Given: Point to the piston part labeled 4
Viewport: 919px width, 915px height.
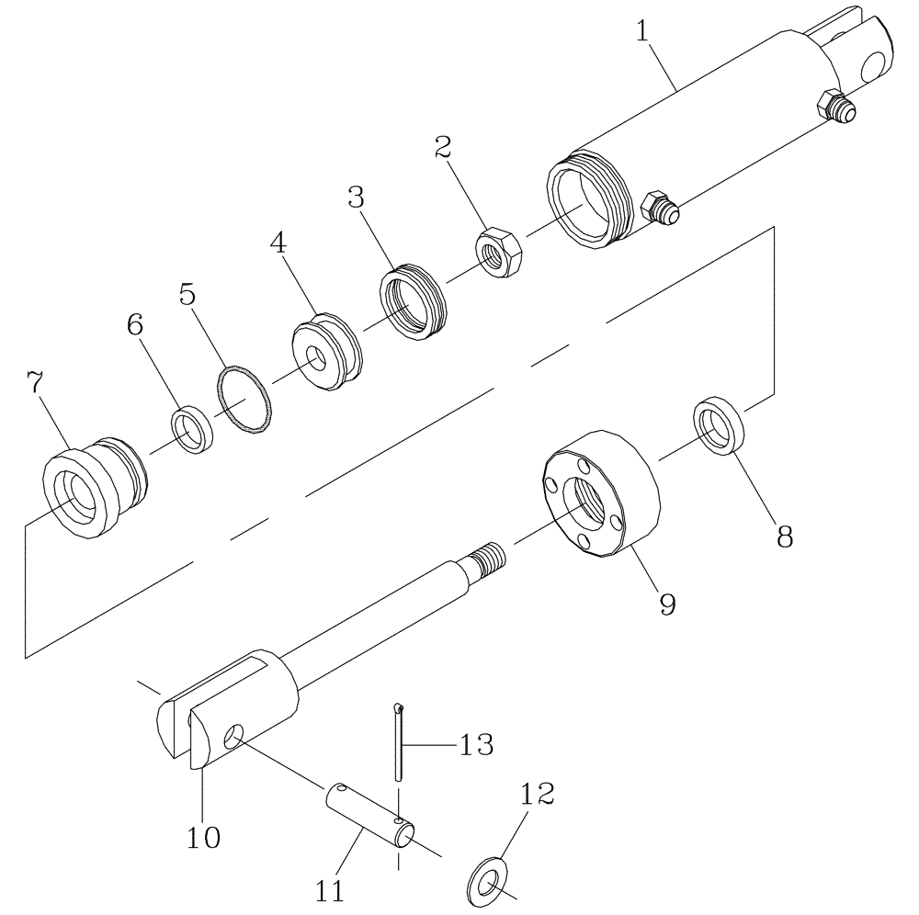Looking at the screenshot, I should [326, 353].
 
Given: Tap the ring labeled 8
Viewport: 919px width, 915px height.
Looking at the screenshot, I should [718, 425].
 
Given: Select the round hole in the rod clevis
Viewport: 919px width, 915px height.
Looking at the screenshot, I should [234, 736].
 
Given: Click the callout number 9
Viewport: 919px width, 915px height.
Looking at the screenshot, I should [666, 603].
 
